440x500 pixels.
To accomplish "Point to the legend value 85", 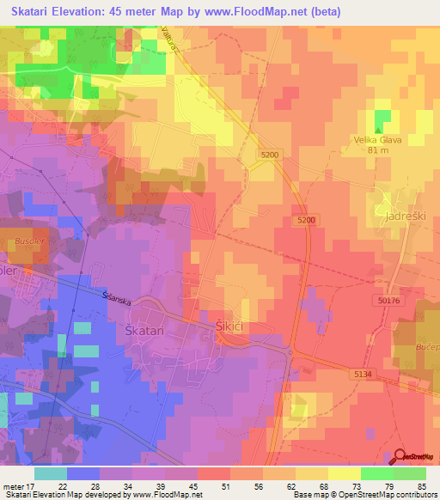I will click(x=422, y=485).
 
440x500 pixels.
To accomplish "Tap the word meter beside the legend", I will click(x=12, y=485).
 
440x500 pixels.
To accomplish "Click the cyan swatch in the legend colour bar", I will click(x=51, y=473).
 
